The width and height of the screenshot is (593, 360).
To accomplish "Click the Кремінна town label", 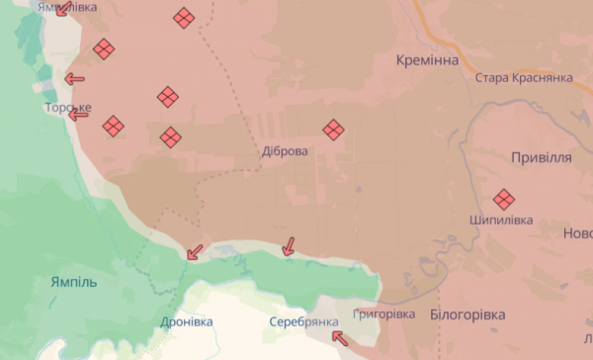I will (x=427, y=61).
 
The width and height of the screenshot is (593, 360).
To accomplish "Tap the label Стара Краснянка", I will (x=524, y=78).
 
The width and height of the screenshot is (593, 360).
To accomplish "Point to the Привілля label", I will (x=542, y=158).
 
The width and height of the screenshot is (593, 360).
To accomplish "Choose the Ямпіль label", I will (x=74, y=282).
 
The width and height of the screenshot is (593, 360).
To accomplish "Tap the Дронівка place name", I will (x=186, y=321).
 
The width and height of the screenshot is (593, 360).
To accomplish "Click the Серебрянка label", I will (x=303, y=321).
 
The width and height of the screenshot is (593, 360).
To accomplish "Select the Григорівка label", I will (x=383, y=314).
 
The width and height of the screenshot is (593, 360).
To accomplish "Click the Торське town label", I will (x=68, y=107).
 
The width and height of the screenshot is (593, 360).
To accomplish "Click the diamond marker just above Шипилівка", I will (x=504, y=199).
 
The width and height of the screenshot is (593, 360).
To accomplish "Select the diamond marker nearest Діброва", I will (x=334, y=130).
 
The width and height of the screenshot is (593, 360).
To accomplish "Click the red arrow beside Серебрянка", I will (x=339, y=338).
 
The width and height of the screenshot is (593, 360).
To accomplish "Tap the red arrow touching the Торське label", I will (x=78, y=115).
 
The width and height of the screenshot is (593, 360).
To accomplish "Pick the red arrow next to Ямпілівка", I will (x=62, y=10).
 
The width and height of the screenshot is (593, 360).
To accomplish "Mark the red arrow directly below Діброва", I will (x=289, y=245).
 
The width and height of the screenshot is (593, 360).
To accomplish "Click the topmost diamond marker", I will (x=183, y=18).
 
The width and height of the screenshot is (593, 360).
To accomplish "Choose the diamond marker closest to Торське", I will (x=114, y=126).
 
